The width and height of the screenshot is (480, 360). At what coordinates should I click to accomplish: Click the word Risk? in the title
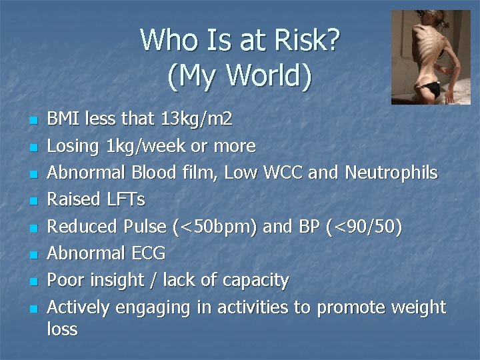[307, 41]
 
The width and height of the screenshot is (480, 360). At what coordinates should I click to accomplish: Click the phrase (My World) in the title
[240, 76]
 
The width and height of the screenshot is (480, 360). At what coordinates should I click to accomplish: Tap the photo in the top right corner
[430, 57]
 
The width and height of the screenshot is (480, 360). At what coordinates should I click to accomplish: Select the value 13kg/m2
[197, 119]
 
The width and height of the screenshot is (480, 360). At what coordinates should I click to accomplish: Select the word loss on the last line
[63, 329]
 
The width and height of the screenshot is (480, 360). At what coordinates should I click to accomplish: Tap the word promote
[353, 307]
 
